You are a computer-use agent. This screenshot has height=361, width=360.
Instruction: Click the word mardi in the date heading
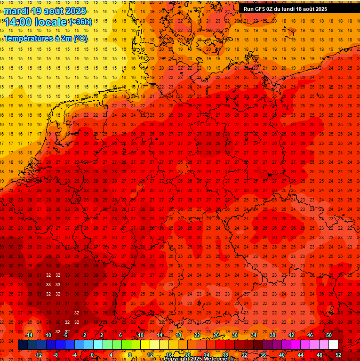coord(16,10)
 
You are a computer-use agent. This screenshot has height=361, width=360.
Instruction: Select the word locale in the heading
coord(53,22)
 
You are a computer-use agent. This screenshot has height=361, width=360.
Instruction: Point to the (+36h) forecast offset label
coord(80,22)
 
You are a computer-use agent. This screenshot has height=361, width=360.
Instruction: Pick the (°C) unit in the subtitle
coord(80,39)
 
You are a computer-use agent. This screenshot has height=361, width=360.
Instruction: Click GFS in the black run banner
coord(260,9)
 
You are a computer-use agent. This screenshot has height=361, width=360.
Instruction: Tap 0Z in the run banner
coord(271,9)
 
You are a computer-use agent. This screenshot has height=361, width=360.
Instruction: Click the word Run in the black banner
coord(248,9)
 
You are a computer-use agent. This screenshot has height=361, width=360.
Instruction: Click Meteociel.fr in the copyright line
coord(218,359)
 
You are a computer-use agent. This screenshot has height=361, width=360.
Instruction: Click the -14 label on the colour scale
coord(29,335)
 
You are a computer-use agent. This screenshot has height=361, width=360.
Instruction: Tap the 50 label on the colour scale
coord(329,335)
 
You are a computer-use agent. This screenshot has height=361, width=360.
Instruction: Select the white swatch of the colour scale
coord(333,345)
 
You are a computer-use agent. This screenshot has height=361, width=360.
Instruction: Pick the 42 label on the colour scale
coord(291,335)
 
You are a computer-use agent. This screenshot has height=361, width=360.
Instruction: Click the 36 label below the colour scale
coord(263,355)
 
